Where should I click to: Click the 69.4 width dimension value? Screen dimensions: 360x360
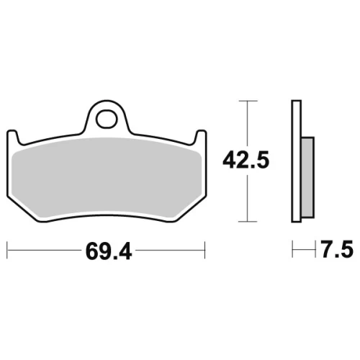coord(109,251)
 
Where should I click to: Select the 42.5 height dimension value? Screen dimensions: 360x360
coord(246,160)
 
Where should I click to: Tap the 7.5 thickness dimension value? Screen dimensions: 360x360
coord(337,249)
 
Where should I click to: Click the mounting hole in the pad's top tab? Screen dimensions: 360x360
coord(107,119)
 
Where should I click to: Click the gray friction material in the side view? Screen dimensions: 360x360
coord(307,178)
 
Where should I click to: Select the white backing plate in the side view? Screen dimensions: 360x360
coord(296,161)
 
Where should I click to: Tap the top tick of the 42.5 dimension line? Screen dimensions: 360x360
coord(248,101)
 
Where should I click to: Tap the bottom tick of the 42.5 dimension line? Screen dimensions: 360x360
coord(248,222)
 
